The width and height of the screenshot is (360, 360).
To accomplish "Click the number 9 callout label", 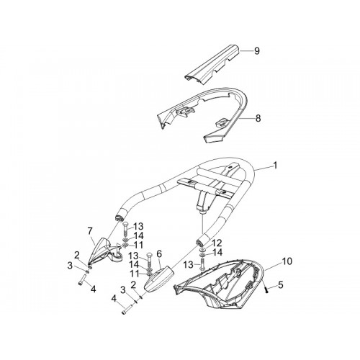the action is click(x=257, y=51).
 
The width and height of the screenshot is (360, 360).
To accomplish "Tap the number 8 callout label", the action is click(x=258, y=118).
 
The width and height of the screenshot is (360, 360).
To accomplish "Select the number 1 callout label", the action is click(x=275, y=165).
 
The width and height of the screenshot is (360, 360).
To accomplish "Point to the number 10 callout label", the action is click(x=287, y=261).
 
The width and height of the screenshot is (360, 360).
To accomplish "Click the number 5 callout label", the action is click(x=281, y=285).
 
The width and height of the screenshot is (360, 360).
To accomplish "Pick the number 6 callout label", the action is click(x=159, y=253).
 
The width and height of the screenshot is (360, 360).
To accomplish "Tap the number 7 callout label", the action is click(x=90, y=231).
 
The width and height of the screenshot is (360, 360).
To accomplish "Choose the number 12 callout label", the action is click(x=217, y=243).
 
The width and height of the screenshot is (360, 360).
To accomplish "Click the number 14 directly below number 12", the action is click(x=217, y=252).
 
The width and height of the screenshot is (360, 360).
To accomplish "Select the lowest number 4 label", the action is click(x=114, y=299).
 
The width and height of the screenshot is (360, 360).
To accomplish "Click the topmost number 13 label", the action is click(x=138, y=226).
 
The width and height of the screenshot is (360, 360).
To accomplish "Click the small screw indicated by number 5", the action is click(x=266, y=290).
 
